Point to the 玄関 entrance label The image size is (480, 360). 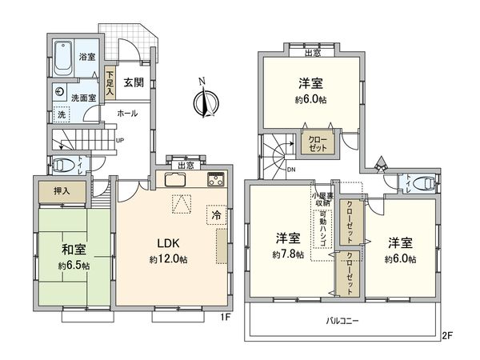pyautogui.click(x=134, y=82)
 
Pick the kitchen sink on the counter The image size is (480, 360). pyautogui.click(x=177, y=179)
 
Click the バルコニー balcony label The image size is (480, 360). pyautogui.click(x=342, y=320)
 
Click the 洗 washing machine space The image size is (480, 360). pyautogui.click(x=62, y=114)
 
